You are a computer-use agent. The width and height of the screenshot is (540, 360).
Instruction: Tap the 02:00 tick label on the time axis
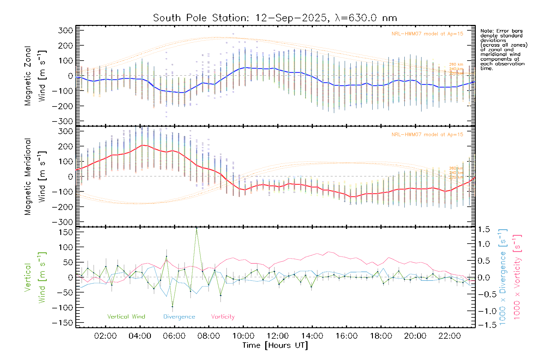tap(105, 336)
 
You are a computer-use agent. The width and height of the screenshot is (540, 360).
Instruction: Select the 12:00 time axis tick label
tap(277, 336)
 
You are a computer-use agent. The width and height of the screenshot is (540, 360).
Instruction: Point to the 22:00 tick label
tap(449, 336)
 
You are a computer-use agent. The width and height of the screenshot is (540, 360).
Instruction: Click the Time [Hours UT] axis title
tap(275, 345)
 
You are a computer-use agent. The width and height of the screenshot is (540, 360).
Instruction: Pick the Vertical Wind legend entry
tap(126, 316)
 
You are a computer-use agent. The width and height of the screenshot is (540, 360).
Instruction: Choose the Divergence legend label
tap(179, 316)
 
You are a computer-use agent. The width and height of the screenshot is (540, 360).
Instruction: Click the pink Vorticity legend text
tap(223, 316)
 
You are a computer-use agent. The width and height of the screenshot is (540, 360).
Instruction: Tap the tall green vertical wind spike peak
tap(196, 228)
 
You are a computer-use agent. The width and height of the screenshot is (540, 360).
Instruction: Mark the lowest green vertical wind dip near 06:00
tap(172, 306)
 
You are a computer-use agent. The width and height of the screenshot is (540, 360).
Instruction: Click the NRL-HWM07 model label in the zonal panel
tap(427, 34)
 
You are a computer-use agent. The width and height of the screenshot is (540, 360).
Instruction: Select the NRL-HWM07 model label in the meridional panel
tap(427, 134)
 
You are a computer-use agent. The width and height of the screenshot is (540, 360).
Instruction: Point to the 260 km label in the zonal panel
tap(456, 64)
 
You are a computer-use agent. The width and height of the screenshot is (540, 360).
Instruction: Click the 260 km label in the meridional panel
tap(456, 168)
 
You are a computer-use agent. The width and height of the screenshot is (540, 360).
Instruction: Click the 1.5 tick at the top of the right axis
tap(484, 229)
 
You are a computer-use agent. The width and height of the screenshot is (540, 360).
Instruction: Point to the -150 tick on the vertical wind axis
tap(62, 323)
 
